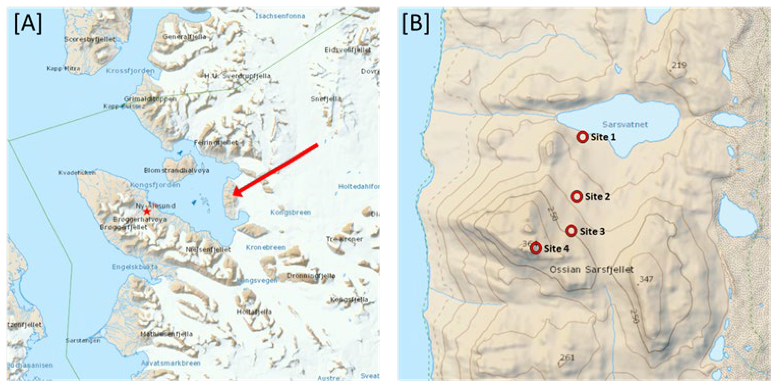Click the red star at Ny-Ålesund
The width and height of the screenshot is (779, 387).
147,212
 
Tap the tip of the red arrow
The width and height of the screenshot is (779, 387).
234,195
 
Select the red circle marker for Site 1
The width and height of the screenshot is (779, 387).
582,137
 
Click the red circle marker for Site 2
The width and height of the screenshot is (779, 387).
576,197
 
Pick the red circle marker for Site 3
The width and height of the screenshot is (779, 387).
571,231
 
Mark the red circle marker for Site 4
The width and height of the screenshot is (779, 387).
536,248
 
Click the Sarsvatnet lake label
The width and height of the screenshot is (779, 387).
625,124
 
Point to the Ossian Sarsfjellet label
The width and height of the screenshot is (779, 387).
591,269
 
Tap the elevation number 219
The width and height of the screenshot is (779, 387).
679,65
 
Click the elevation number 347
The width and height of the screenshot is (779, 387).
646,279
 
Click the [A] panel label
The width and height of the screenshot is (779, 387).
28,24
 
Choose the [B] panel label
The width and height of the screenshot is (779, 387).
415,24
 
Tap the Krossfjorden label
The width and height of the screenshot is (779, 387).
130,71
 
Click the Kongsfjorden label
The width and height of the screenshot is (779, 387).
155,185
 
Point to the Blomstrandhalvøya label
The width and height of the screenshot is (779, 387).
177,170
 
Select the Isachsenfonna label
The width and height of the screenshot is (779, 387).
280,16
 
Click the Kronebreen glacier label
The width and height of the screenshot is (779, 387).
266,248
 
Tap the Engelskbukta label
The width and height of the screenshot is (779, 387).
135,267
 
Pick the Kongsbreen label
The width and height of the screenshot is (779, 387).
290,212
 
